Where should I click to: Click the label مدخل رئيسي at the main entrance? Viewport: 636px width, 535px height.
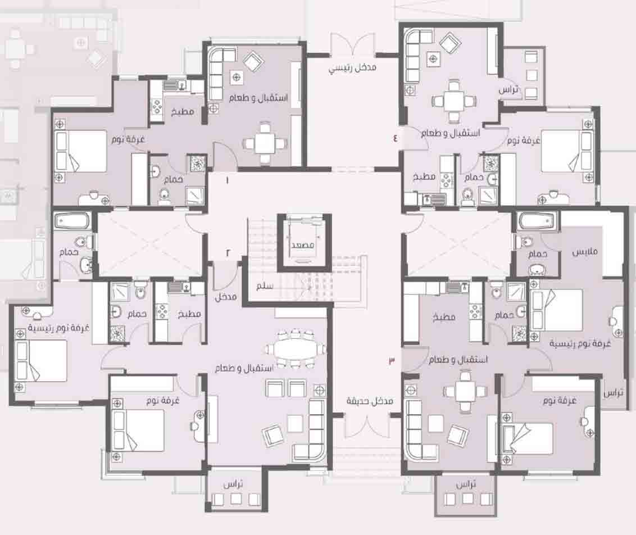(352, 69)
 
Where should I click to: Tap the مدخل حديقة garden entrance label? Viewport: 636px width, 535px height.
(370, 402)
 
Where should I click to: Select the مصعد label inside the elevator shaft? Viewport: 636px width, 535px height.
(303, 245)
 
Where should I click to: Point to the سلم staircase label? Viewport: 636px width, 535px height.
(265, 286)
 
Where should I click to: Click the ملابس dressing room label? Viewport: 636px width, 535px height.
(585, 252)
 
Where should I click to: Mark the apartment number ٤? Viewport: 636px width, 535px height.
(395, 138)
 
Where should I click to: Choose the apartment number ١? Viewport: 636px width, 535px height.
(227, 180)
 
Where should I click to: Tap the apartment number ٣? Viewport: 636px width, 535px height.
(392, 360)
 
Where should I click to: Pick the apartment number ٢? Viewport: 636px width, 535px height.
(228, 253)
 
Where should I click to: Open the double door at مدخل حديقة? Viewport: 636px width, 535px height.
(367, 426)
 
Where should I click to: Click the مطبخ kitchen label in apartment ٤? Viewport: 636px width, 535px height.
(424, 177)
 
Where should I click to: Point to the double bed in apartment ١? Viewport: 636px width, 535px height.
(81, 151)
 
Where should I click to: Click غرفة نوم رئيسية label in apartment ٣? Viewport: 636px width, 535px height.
(580, 343)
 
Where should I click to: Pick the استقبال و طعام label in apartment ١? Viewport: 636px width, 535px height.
(258, 98)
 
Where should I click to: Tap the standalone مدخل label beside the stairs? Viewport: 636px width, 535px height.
(225, 297)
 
